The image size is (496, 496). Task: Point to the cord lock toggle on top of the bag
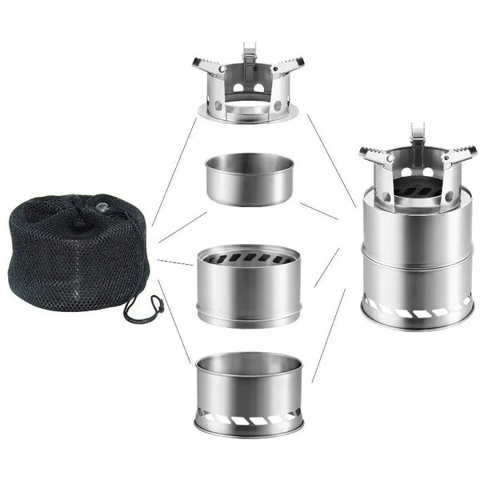click(x=102, y=210)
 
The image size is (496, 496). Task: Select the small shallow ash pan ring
click(x=250, y=180)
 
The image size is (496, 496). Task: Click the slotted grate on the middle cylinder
click(x=250, y=258)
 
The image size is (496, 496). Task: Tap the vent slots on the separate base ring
click(x=250, y=418)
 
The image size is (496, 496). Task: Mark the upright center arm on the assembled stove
click(x=418, y=136)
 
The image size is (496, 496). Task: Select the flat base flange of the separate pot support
click(x=248, y=116)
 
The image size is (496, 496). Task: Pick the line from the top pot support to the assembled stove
click(x=331, y=160)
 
